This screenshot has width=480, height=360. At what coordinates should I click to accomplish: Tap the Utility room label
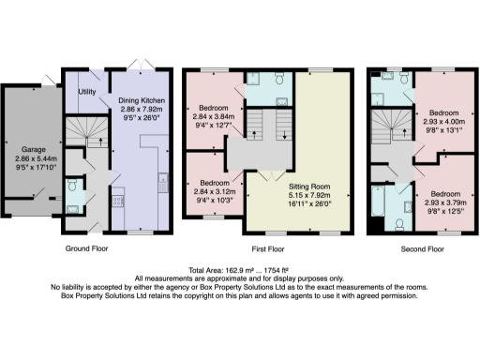87,92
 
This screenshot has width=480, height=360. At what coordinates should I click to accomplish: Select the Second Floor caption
422,250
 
